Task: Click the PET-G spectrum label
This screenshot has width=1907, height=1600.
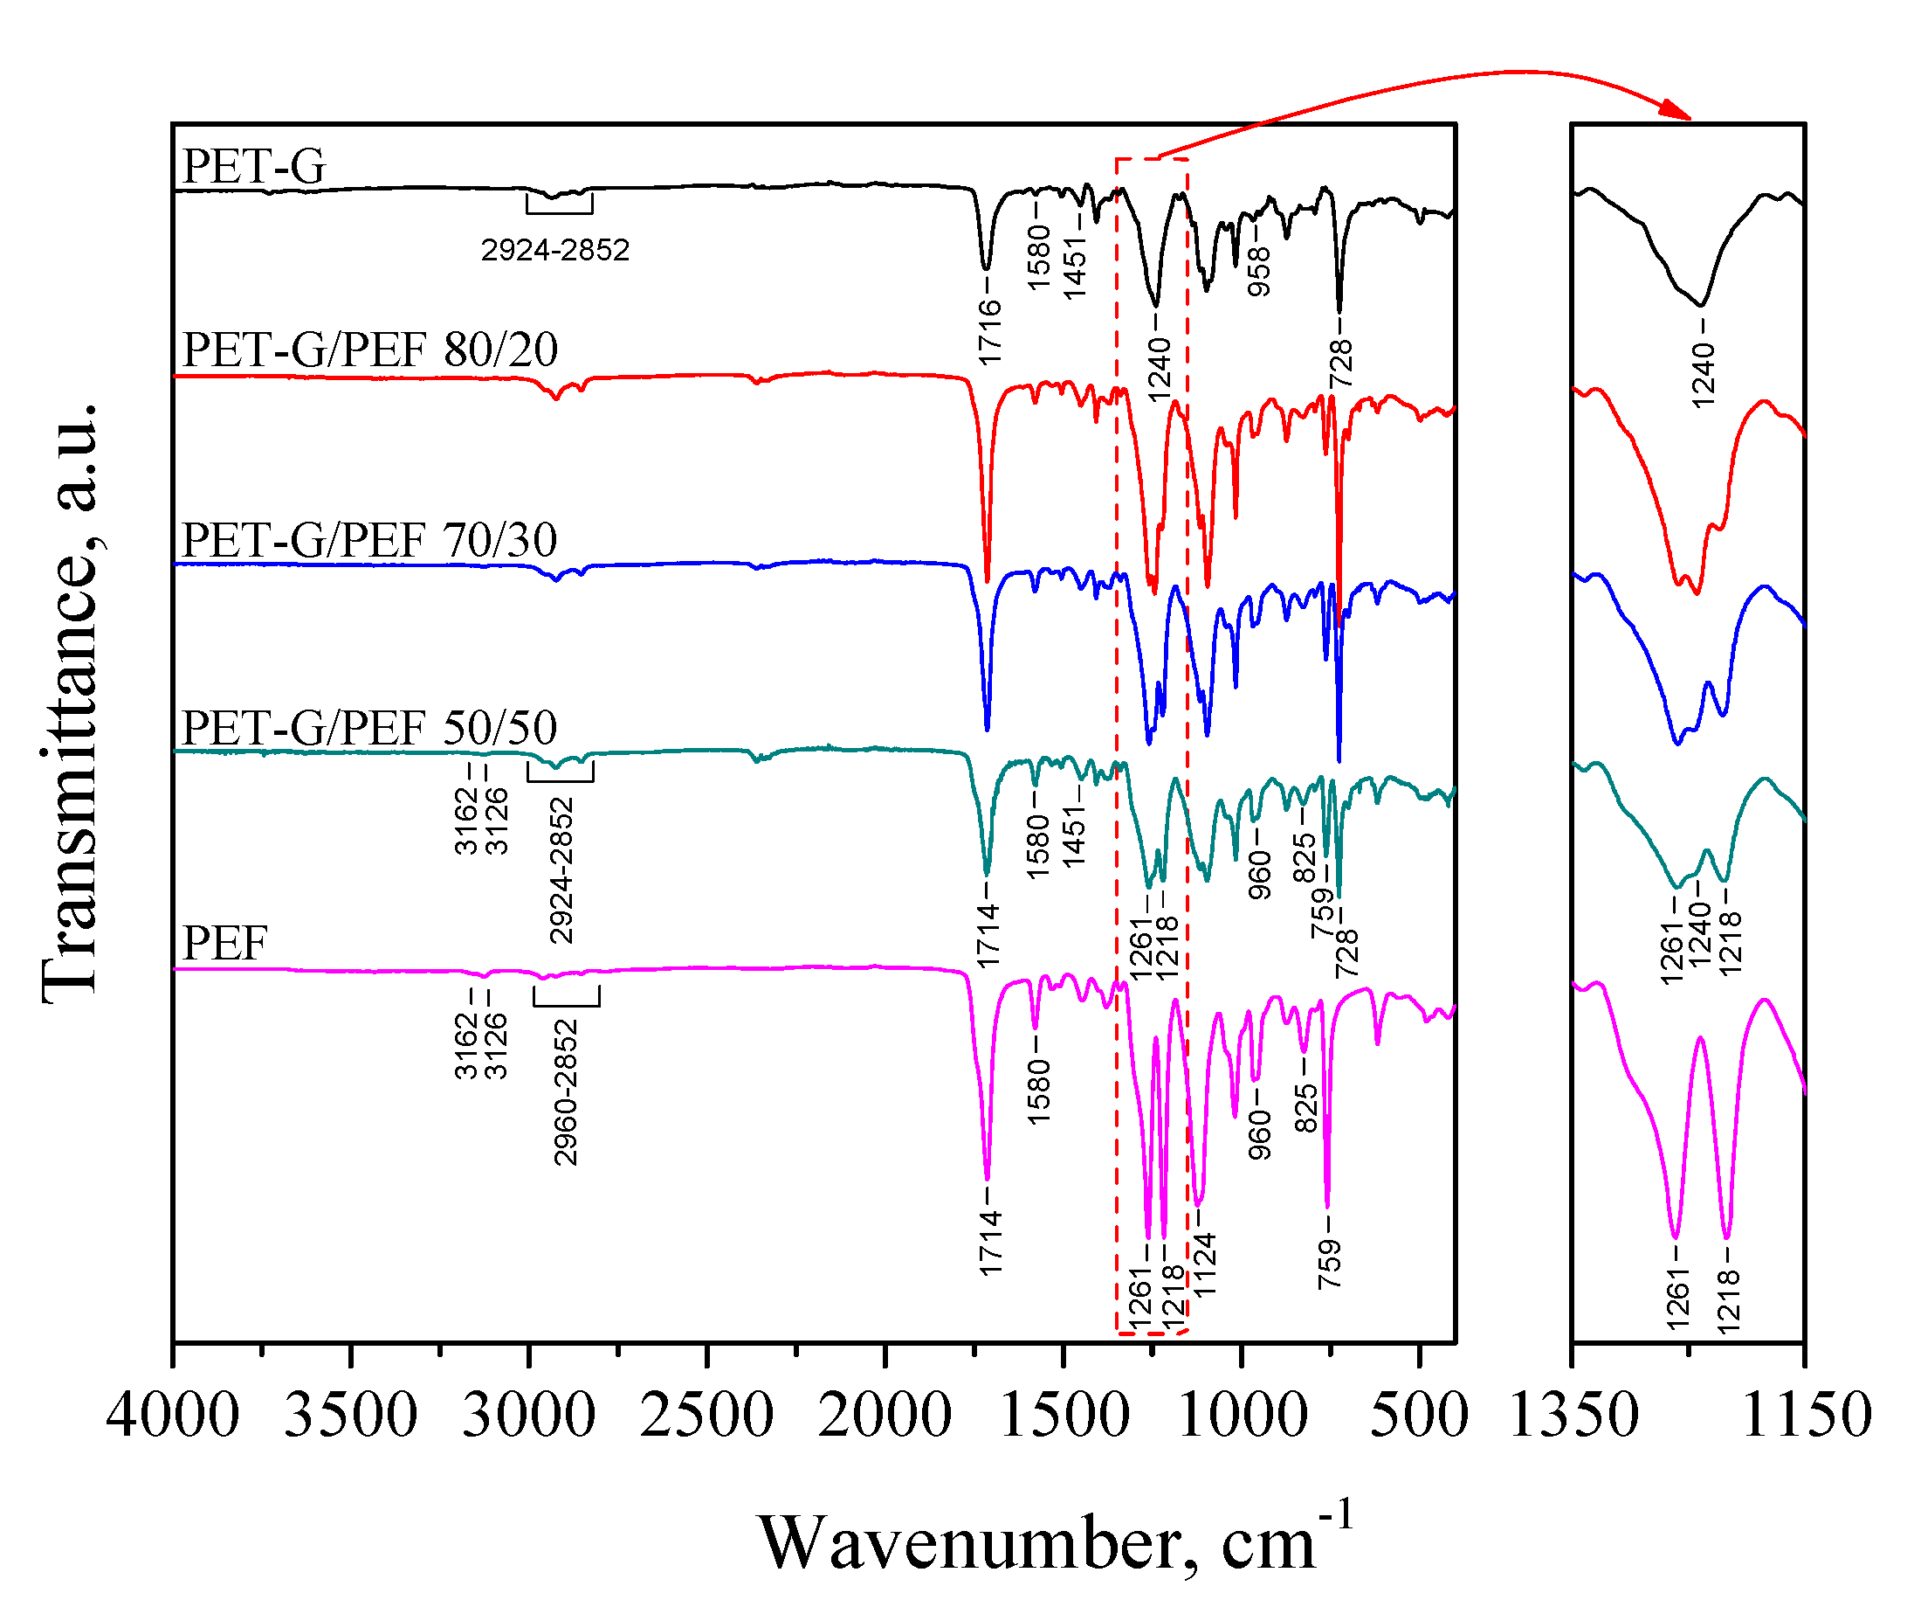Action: pyautogui.click(x=253, y=166)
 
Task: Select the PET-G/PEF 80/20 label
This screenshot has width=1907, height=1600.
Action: pyautogui.click(x=369, y=350)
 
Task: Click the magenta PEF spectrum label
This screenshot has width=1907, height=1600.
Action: pyautogui.click(x=224, y=944)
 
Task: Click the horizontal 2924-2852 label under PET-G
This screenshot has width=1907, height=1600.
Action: pyautogui.click(x=554, y=250)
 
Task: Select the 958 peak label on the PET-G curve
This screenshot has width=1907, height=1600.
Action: pyautogui.click(x=1258, y=272)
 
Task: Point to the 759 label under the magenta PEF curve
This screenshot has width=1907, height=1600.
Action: pyautogui.click(x=1330, y=1264)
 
